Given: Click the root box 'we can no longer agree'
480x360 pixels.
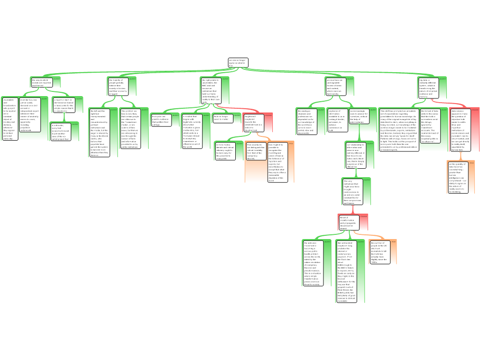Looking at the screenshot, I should (238, 62).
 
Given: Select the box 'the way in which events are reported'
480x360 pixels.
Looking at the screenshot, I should (42, 82).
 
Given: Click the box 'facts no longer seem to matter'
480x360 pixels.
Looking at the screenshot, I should (223, 118).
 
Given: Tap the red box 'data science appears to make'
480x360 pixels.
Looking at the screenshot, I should (460, 124).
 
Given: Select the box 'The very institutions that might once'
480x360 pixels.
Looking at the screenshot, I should (351, 192).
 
